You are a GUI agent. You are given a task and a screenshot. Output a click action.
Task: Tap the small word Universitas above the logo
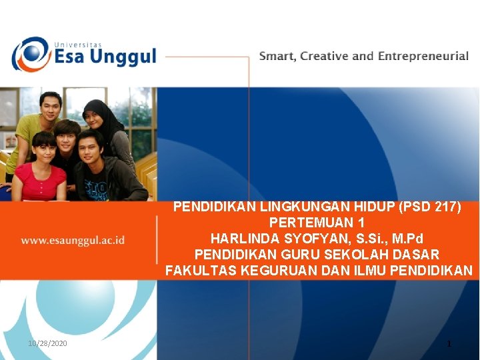pyautogui.click(x=75, y=40)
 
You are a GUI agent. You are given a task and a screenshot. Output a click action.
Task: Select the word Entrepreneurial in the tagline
pyautogui.click(x=423, y=56)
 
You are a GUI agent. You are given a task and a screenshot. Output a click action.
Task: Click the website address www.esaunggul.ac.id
pyautogui.click(x=73, y=240)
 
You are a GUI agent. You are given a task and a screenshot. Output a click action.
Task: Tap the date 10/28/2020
pyautogui.click(x=47, y=343)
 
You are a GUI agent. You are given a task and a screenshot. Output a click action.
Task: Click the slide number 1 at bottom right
pyautogui.click(x=449, y=344)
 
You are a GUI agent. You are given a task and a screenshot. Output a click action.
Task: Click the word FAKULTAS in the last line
pyautogui.click(x=198, y=271)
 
